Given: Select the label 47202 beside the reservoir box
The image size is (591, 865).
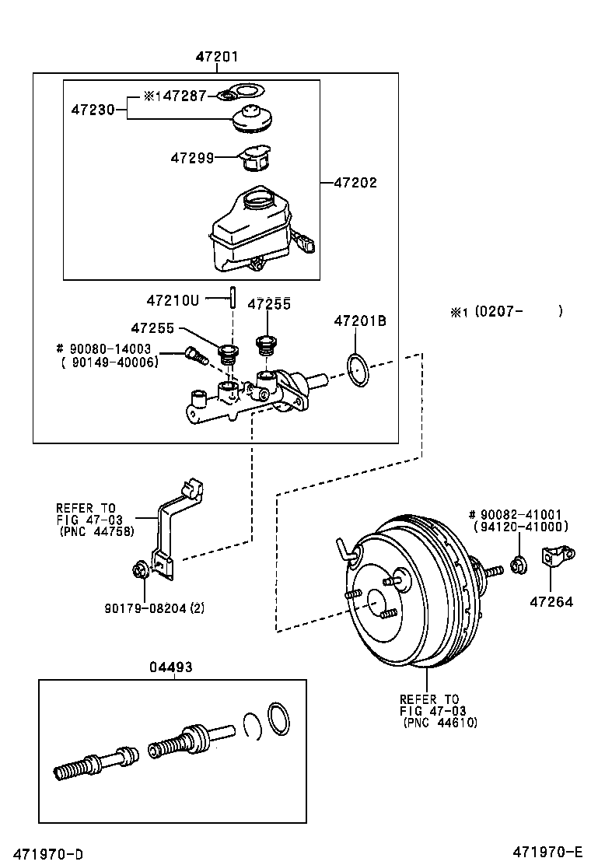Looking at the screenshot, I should click(355, 183).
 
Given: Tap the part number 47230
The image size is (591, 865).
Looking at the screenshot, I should click(93, 111).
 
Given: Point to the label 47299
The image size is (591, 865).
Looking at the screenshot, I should click(192, 158).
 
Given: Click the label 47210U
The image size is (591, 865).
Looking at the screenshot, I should click(173, 299).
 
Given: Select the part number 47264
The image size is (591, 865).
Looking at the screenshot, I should click(551, 601).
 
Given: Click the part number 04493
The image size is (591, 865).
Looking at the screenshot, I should click(172, 667).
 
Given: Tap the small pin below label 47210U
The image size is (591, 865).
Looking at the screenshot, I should click(231, 296).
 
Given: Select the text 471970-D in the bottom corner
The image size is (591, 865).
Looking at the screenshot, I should click(47, 854).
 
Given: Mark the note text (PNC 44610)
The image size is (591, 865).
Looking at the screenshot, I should click(440, 723).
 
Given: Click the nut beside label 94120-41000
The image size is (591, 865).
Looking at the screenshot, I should click(516, 564).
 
